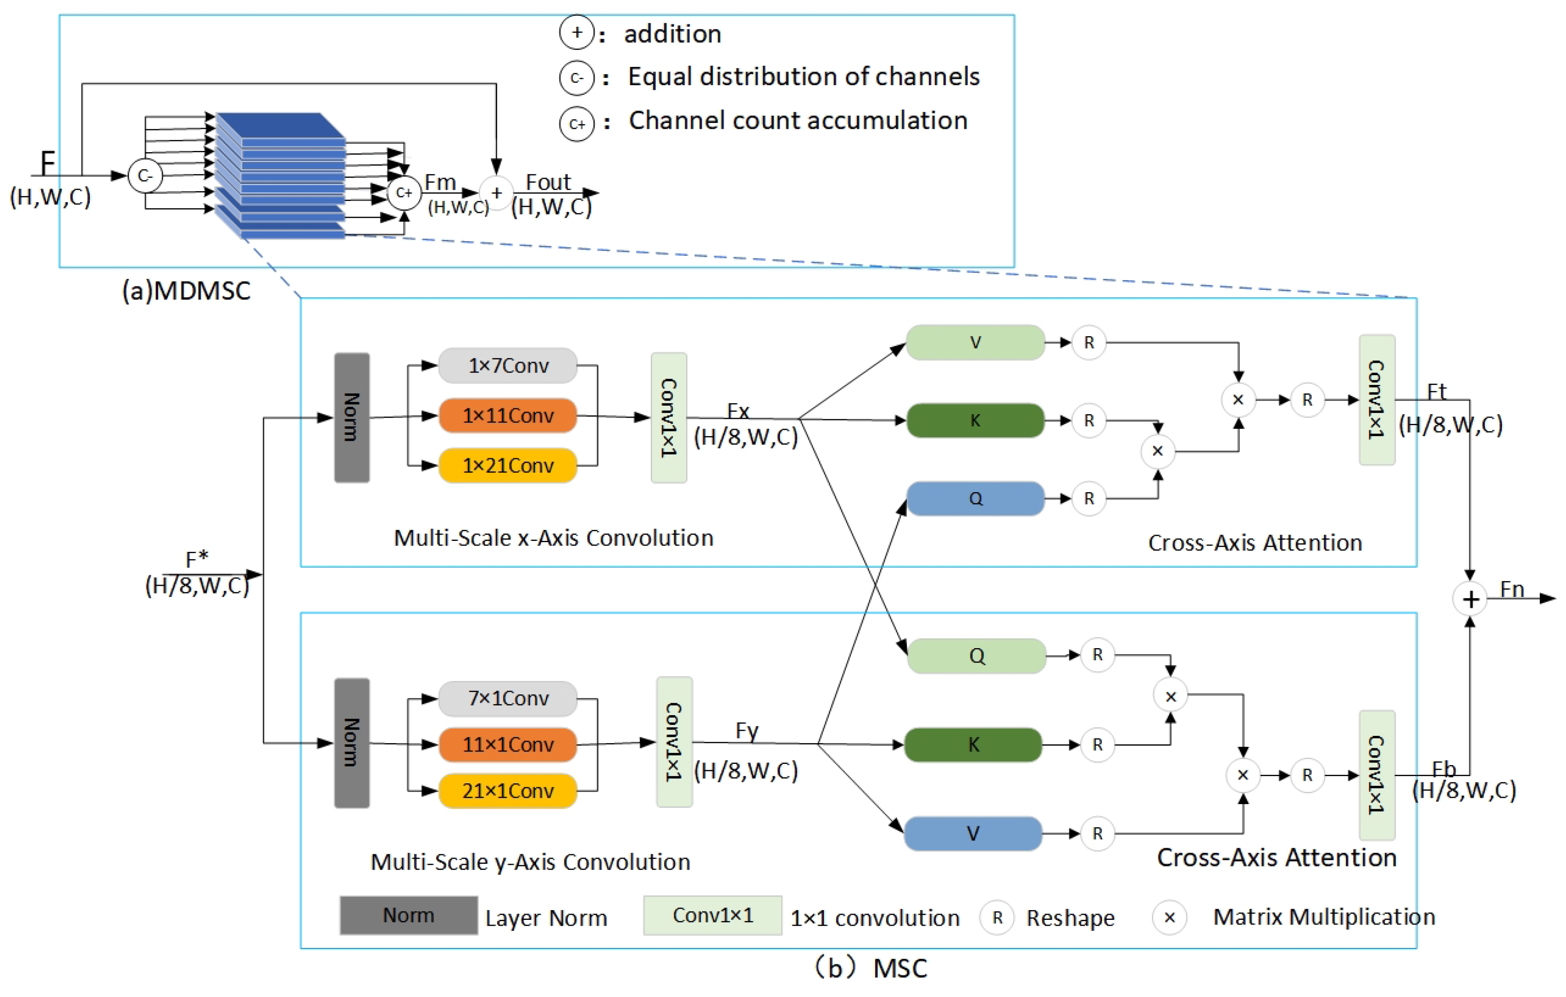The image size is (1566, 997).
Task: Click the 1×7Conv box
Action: click(x=508, y=365)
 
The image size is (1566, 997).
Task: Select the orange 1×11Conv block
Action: click(x=508, y=415)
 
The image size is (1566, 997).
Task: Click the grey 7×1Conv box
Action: click(x=508, y=698)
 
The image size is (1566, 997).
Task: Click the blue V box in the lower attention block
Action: click(x=973, y=833)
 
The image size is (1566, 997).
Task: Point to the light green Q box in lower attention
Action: click(x=976, y=656)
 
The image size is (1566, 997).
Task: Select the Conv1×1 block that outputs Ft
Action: click(x=1377, y=400)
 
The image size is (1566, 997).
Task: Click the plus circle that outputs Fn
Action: click(x=1470, y=599)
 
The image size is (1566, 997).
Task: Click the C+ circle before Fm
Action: click(x=404, y=193)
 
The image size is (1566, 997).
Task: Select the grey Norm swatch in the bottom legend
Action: click(x=408, y=915)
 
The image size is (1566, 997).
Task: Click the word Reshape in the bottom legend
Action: click(x=1070, y=918)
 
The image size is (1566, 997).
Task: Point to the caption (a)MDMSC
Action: click(x=187, y=290)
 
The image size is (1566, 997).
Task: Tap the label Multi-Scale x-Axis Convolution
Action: click(x=554, y=538)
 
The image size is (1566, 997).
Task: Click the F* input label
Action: click(x=196, y=560)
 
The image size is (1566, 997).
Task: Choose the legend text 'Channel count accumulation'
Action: click(x=798, y=121)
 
